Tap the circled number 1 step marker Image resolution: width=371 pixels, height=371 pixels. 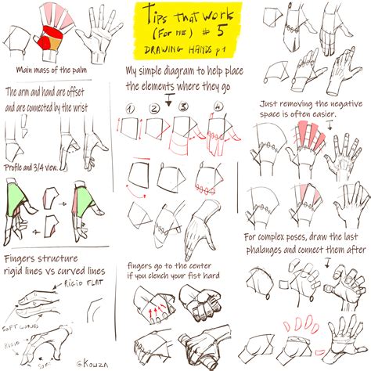(132, 108)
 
